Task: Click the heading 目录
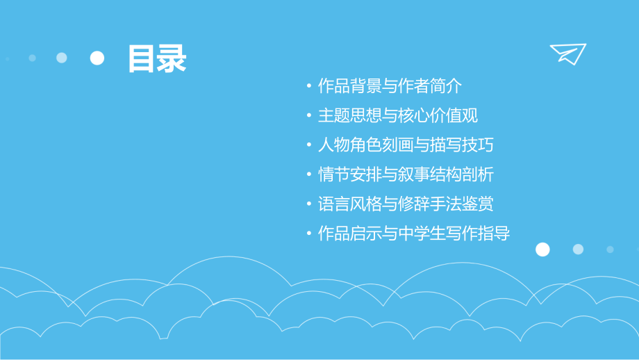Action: tap(156, 58)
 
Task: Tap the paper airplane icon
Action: tap(567, 54)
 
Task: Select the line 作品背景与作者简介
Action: tap(389, 86)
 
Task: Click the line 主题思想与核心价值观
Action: tap(397, 115)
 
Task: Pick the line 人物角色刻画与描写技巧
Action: tap(406, 145)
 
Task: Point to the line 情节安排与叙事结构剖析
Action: tap(406, 174)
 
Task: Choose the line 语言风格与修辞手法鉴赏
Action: tap(406, 204)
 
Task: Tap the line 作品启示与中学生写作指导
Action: tap(413, 234)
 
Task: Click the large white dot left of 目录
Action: tap(97, 58)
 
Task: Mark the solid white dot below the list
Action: tap(542, 249)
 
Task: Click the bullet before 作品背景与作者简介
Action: tap(308, 87)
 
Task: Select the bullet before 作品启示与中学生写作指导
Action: tap(308, 234)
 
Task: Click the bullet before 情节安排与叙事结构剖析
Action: tap(308, 175)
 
